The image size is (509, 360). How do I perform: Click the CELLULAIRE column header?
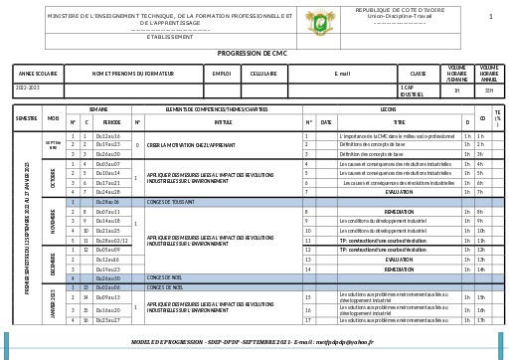coord(263,74)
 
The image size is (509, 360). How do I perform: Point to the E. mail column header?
coord(342,74)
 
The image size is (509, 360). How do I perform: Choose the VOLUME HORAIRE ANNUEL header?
coord(488,74)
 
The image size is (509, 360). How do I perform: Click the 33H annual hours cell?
coord(488,90)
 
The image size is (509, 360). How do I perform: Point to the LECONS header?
coord(388,109)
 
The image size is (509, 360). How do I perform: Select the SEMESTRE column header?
coord(26,118)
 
